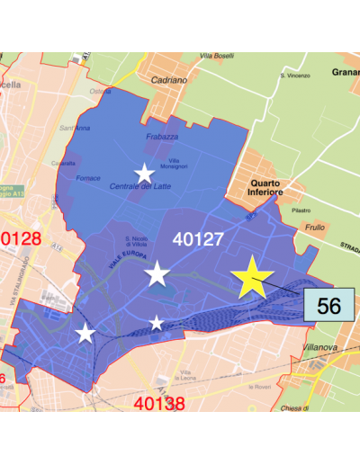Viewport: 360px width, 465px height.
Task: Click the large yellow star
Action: coord(253,278)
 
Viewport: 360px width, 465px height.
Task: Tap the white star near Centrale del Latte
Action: coord(144,173)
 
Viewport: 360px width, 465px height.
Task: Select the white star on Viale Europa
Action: coord(157,273)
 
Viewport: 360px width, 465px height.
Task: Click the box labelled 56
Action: coord(328,305)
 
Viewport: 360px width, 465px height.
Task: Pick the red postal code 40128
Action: coord(20,238)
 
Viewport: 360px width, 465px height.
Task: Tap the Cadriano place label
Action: coord(170,80)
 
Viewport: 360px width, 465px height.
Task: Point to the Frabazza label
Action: coord(161,137)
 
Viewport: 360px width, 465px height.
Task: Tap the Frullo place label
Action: coord(315,228)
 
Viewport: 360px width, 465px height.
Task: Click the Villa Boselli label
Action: coord(217,56)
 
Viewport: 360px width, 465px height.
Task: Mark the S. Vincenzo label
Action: coord(294,76)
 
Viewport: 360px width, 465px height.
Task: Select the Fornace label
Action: coord(88,178)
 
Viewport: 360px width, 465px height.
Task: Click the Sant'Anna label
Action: coord(72,128)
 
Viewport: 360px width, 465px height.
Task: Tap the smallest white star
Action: coord(157,323)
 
